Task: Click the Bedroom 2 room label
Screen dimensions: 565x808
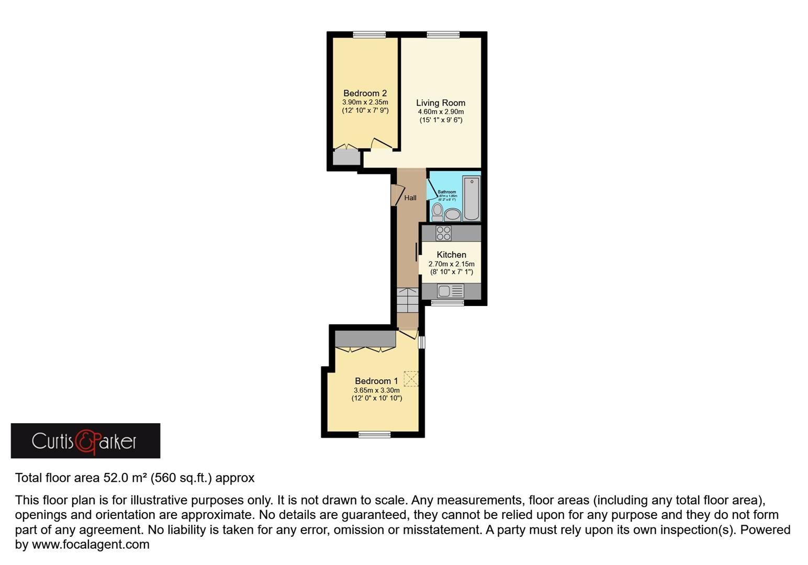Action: (365, 94)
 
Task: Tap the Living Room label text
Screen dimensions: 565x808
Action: (441, 103)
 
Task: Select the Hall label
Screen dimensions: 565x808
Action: (410, 198)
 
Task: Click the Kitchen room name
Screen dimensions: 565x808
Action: (451, 255)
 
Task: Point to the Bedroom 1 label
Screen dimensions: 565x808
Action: (376, 381)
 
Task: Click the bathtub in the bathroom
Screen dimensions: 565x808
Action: (472, 199)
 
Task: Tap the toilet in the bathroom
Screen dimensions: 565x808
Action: (437, 212)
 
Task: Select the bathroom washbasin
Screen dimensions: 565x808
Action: (453, 214)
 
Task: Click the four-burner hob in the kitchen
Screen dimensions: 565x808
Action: (443, 233)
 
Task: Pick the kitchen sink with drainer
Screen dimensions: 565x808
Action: (450, 291)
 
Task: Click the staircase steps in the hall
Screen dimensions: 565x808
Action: (407, 300)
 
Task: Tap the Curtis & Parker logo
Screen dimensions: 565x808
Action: (85, 441)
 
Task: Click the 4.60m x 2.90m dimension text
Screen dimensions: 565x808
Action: (441, 112)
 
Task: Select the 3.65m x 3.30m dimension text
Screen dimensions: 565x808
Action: (377, 390)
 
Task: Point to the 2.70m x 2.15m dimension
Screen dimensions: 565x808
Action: (452, 264)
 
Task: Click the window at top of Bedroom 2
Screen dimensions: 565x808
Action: (369, 35)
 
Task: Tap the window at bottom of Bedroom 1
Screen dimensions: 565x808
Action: (375, 434)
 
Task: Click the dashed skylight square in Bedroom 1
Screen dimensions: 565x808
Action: (411, 378)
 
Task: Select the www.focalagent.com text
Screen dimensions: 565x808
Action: (91, 545)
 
